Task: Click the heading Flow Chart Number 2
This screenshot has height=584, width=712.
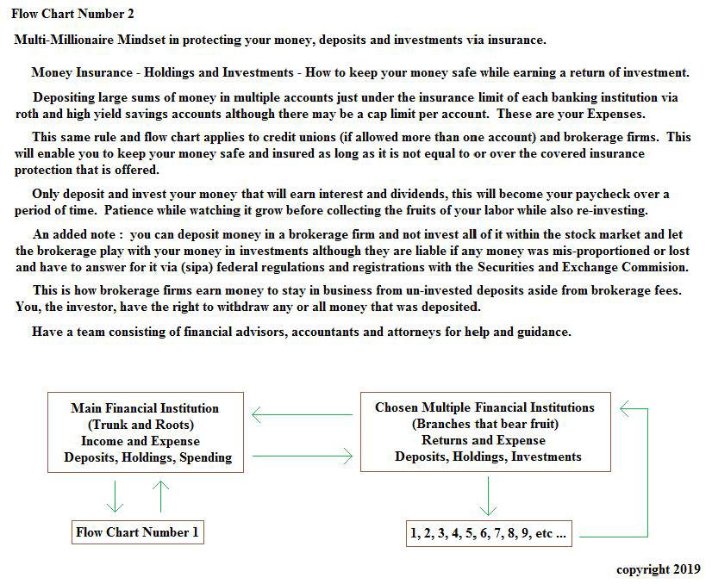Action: [72, 14]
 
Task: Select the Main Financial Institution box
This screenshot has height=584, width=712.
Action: [145, 432]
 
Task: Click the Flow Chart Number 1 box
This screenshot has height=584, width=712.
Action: [138, 532]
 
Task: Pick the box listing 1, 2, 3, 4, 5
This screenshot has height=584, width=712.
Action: [488, 533]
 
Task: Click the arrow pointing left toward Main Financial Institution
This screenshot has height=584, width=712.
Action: [302, 416]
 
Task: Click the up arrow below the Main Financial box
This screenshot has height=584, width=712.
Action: [160, 497]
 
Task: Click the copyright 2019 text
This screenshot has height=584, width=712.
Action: [658, 569]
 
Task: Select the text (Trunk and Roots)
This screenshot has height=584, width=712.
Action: [145, 425]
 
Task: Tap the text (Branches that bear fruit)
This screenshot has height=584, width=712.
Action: [485, 424]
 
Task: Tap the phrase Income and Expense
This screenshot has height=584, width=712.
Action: [145, 441]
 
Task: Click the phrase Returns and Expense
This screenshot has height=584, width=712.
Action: [484, 440]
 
